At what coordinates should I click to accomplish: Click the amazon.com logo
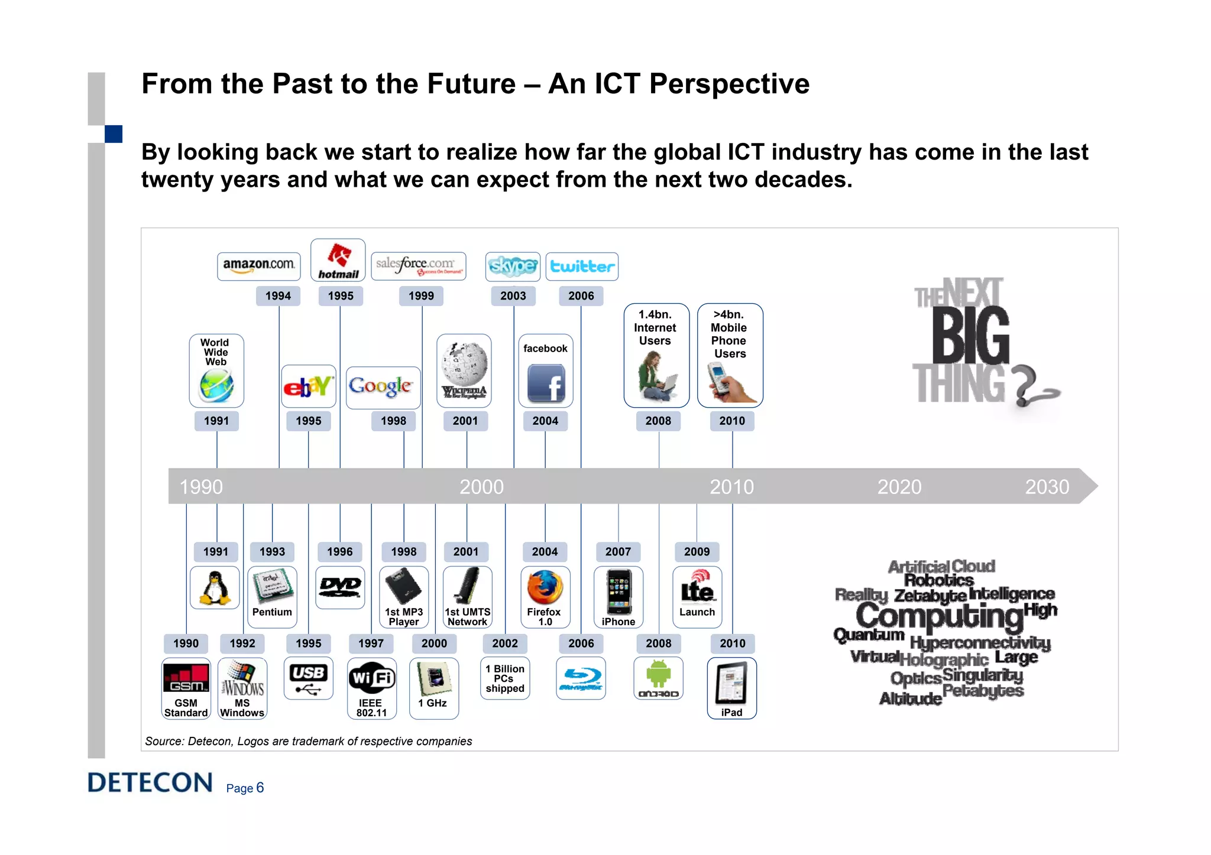point(258,265)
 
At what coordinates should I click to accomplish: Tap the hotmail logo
point(338,260)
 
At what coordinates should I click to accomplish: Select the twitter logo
point(582,266)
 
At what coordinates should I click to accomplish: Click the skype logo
point(513,266)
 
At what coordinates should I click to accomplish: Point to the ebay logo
point(308,386)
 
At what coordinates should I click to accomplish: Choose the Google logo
point(381,386)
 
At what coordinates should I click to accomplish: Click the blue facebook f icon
point(546,383)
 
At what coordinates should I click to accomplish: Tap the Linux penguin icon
point(215,588)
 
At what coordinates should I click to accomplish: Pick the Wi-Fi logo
point(371,678)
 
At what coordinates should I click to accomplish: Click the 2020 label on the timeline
point(899,487)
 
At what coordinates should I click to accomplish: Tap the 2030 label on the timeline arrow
point(1047,487)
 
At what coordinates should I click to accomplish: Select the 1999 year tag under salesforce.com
point(421,296)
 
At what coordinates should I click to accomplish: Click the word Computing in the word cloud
point(939,616)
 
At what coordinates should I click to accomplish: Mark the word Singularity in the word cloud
point(982,675)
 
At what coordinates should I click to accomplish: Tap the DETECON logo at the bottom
point(150,783)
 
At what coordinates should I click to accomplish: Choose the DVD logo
point(340,586)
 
